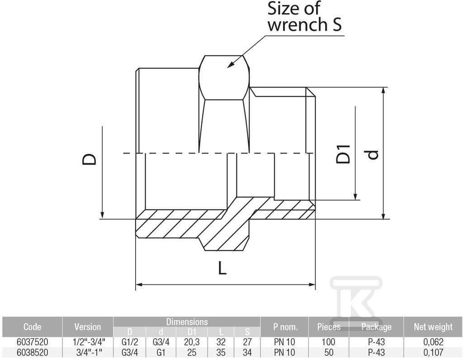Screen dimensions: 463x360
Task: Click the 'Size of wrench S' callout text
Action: click(304, 17)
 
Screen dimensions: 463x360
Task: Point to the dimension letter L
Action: click(222, 268)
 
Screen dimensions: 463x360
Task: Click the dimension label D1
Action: click(343, 154)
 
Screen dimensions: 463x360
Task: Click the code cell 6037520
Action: click(32, 342)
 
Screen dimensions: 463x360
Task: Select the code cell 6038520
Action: click(32, 352)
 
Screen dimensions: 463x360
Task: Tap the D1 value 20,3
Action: click(192, 342)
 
